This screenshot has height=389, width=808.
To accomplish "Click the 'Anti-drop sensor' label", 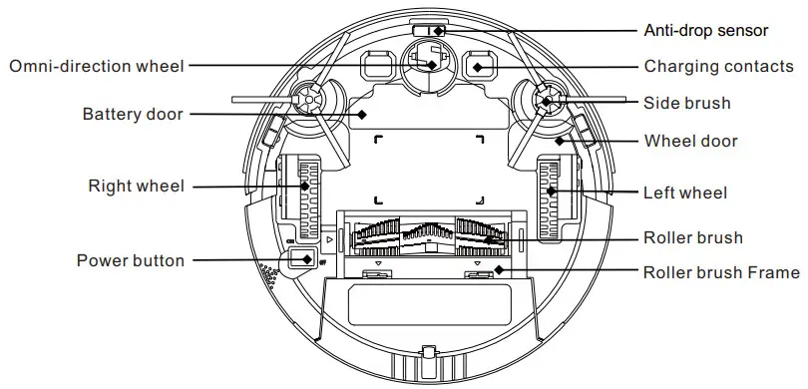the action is click(705, 30).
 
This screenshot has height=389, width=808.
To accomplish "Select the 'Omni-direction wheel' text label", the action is click(97, 66).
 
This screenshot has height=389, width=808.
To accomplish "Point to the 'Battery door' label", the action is click(133, 115).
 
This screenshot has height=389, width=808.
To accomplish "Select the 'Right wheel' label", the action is click(137, 186).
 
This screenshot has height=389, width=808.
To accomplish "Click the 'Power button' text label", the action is click(131, 260).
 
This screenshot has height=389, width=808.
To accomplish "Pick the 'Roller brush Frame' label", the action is click(721, 272).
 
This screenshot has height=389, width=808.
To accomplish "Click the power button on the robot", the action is click(301, 259).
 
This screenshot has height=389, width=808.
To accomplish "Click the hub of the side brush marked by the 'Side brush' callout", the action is click(545, 100).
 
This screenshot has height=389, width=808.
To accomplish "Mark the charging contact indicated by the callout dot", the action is click(478, 67).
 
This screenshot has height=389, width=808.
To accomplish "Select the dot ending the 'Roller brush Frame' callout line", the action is click(496, 271).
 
